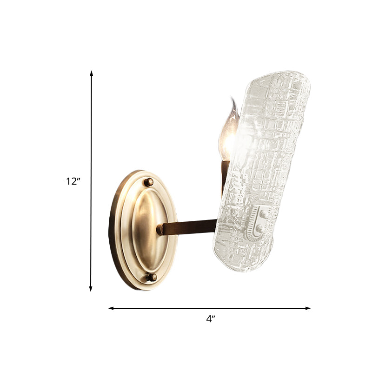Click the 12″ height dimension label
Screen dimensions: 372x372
73,181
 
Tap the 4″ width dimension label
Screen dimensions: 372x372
211,319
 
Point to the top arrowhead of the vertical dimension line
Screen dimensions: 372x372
92,73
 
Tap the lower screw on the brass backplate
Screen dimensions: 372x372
151,278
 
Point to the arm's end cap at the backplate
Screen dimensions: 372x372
160,229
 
